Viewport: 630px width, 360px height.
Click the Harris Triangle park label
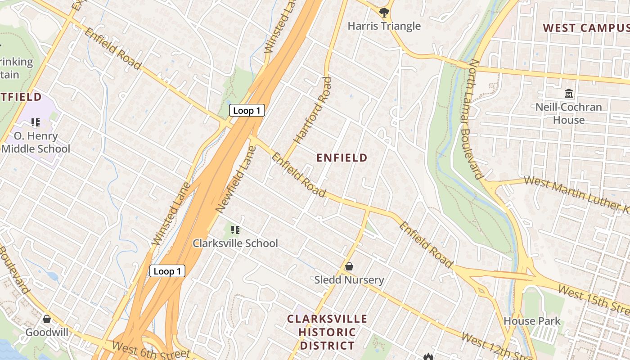[384, 26]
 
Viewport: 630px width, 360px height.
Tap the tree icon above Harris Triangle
[384, 12]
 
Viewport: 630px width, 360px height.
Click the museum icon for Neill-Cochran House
[569, 94]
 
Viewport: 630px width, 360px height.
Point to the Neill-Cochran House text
[568, 113]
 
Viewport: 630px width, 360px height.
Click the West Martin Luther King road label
[576, 194]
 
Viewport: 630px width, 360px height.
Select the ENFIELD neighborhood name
[342, 158]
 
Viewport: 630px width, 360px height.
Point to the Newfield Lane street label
[236, 180]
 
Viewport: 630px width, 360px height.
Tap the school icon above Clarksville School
[235, 230]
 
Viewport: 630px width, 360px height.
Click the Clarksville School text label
[235, 243]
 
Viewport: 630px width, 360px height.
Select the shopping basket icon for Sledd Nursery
[349, 267]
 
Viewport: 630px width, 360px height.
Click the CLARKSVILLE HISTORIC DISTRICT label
[327, 333]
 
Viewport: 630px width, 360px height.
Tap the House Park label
[532, 321]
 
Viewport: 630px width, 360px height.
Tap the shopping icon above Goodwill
[47, 319]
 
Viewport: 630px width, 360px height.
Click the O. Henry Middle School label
[36, 142]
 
